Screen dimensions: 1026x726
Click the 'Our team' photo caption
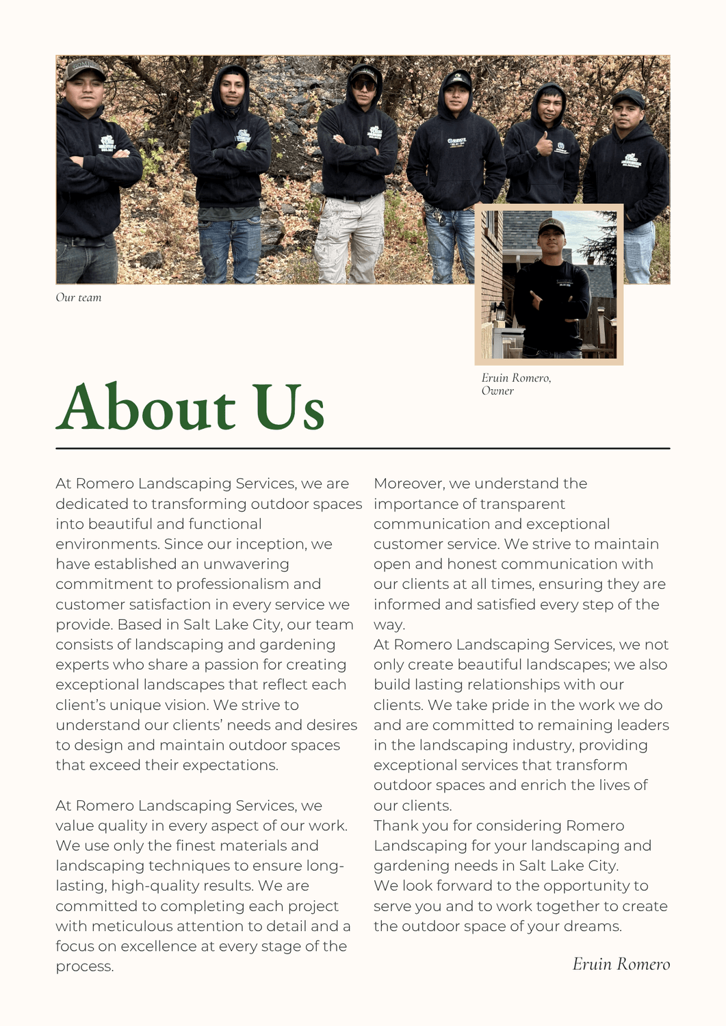click(x=79, y=298)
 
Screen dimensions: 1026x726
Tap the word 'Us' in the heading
click(x=288, y=408)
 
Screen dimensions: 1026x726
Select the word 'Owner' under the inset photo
click(x=497, y=391)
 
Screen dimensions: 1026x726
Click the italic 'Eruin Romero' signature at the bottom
click(x=621, y=964)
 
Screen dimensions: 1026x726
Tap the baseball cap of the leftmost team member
click(x=83, y=68)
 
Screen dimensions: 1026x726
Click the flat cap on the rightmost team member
click(x=628, y=98)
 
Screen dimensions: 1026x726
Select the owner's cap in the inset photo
click(x=551, y=225)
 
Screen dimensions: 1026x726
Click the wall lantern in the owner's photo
click(x=501, y=311)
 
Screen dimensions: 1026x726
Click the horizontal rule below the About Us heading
click(x=363, y=449)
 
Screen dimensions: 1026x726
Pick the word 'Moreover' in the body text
click(x=409, y=484)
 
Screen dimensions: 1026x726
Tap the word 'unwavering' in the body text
click(x=246, y=564)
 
